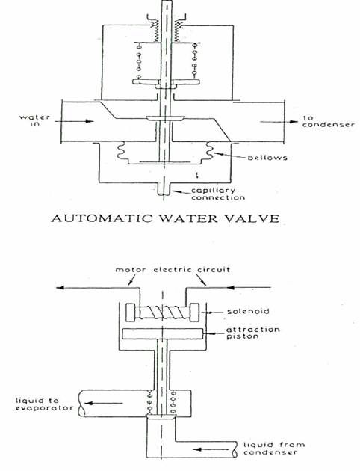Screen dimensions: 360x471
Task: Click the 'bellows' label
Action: point(267,158)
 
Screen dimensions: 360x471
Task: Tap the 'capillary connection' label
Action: point(218,194)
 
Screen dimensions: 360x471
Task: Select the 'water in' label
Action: point(35,120)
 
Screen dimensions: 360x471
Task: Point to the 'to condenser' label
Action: point(328,121)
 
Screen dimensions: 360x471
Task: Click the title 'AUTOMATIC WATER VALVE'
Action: point(165,218)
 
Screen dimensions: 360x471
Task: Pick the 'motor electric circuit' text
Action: point(173,269)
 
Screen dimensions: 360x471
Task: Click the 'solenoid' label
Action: point(248,311)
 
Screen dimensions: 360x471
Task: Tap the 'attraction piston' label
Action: point(253,333)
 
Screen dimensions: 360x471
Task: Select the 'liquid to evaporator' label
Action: point(44,404)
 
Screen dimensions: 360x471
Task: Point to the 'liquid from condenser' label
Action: point(274,448)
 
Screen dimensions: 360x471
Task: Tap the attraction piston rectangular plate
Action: point(162,333)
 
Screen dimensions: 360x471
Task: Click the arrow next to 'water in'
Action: point(74,121)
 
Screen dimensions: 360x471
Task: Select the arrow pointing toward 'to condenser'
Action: point(279,122)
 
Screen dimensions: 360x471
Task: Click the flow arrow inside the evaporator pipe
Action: point(104,404)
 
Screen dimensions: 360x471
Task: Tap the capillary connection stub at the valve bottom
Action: point(164,188)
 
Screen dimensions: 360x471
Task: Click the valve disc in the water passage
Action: point(164,118)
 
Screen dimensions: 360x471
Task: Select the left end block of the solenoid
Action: point(131,313)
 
